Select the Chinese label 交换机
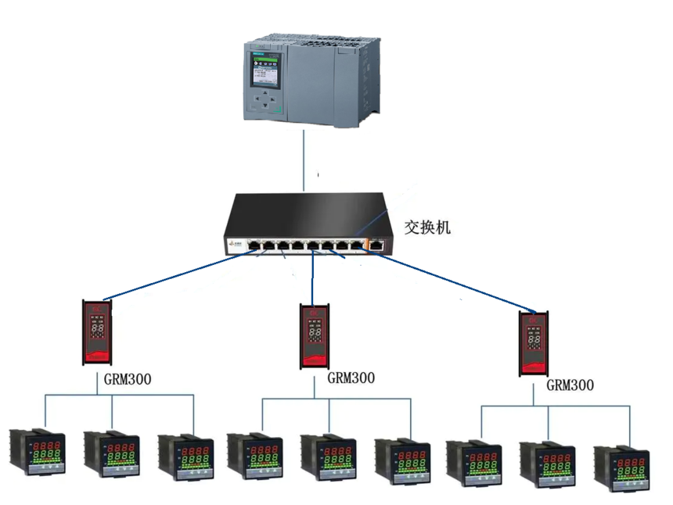[427, 227]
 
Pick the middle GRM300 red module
[315, 336]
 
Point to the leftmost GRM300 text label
[128, 380]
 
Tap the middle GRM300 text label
[351, 378]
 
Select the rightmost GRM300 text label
[570, 385]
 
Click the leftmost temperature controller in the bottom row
[37, 451]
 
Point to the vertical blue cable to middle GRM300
[313, 278]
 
